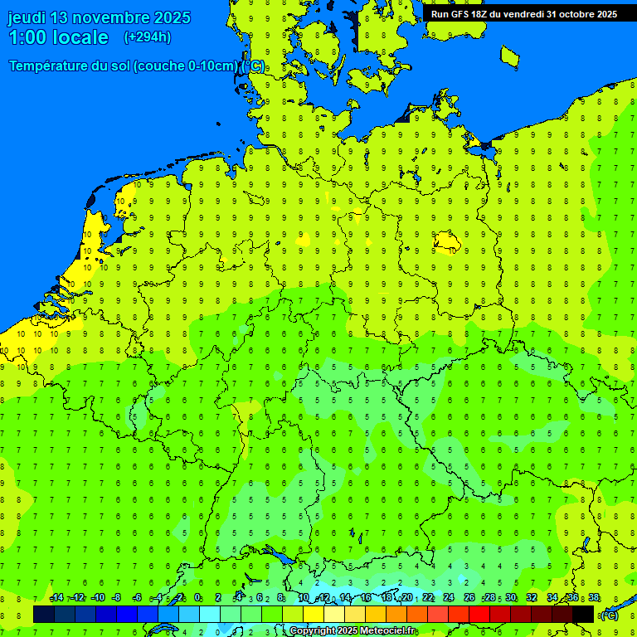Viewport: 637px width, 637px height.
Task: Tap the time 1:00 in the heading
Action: pyautogui.click(x=27, y=37)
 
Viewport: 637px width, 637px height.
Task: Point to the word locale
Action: pyautogui.click(x=80, y=37)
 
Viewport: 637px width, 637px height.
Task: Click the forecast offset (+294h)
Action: pyautogui.click(x=148, y=37)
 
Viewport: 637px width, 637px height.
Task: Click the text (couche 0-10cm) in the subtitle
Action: pyautogui.click(x=188, y=66)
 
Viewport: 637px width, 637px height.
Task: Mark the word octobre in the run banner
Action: pyautogui.click(x=576, y=14)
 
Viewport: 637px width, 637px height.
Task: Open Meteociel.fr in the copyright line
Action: pyautogui.click(x=387, y=631)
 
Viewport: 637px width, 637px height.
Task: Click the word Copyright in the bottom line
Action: pyautogui.click(x=313, y=631)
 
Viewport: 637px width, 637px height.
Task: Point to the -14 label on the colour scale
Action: pyautogui.click(x=56, y=598)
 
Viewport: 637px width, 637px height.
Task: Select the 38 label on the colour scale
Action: pyautogui.click(x=594, y=598)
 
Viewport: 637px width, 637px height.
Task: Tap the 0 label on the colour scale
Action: pyautogui.click(x=197, y=598)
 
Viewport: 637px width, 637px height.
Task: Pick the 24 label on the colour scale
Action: pyautogui.click(x=449, y=598)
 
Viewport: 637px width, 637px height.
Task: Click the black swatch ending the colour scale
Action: pyautogui.click(x=583, y=615)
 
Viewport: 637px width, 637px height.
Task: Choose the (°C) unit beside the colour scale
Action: pyautogui.click(x=609, y=615)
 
